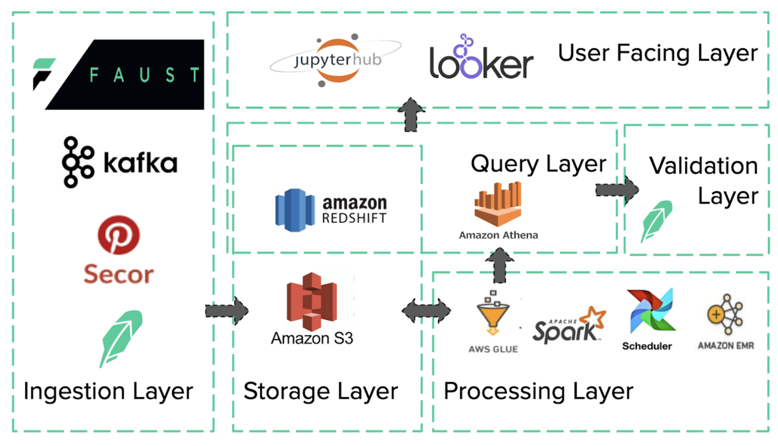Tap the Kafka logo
click(x=119, y=163)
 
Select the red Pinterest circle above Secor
click(x=118, y=235)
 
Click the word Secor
click(x=118, y=274)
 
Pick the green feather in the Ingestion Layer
click(x=121, y=338)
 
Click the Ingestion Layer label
click(x=108, y=391)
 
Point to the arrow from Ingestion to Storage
click(x=227, y=311)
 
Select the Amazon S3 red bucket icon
click(x=312, y=302)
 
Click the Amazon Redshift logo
click(x=331, y=210)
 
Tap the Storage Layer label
click(x=321, y=391)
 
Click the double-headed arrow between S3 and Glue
click(x=426, y=311)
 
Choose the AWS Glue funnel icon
click(x=492, y=315)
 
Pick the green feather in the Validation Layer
click(x=656, y=221)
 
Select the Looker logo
click(x=481, y=59)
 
